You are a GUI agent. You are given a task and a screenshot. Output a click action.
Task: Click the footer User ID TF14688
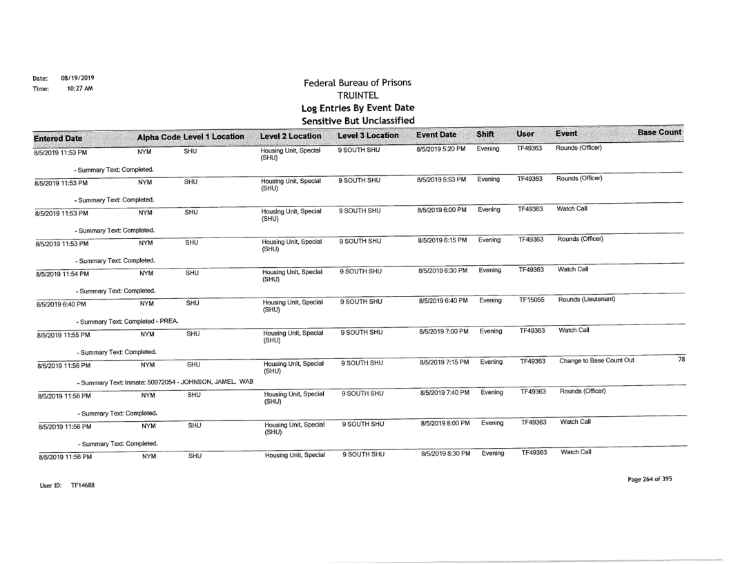click(x=61, y=487)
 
